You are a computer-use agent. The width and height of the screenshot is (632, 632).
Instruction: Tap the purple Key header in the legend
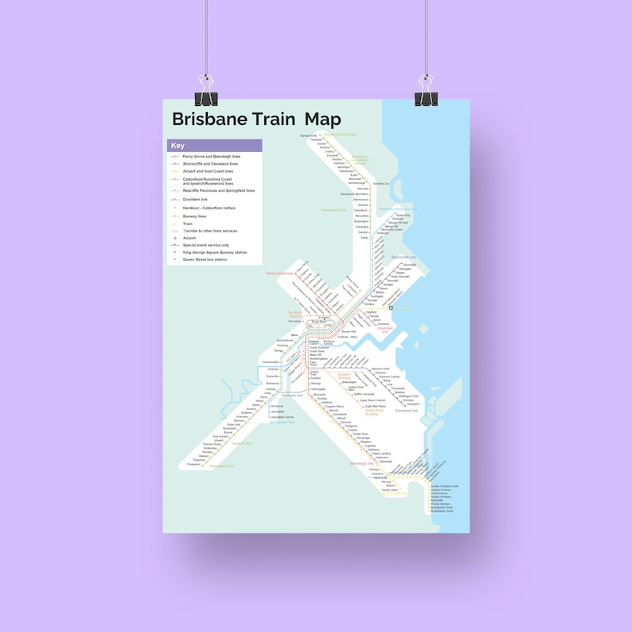178,146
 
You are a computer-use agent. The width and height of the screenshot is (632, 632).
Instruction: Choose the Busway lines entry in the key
195,217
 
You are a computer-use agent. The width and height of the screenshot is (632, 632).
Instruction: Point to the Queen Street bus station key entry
205,259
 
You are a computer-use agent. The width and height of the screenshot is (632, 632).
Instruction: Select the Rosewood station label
194,464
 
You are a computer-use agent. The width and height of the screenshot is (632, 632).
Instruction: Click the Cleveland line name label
406,411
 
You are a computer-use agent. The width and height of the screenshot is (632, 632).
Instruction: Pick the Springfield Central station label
283,417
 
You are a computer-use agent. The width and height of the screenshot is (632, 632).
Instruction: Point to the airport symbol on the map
391,307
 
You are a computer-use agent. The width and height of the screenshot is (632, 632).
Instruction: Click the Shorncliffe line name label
404,257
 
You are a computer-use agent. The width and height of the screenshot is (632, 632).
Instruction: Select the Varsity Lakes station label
389,490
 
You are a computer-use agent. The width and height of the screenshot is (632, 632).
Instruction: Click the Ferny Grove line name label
275,273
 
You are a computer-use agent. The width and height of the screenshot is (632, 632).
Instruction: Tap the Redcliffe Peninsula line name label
398,209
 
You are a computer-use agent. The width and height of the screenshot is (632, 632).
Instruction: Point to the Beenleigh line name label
361,463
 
